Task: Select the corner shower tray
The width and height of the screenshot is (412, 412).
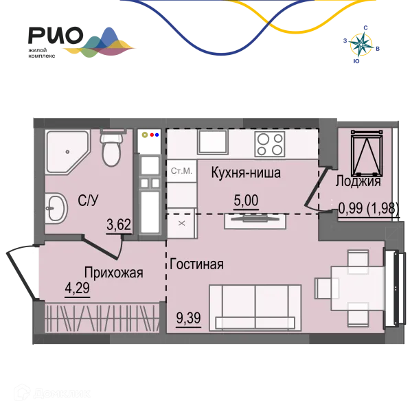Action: (68, 152)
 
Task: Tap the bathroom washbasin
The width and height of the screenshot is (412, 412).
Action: (56, 208)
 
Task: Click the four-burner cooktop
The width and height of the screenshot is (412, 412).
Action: (270, 144)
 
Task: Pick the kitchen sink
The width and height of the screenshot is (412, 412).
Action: (213, 142)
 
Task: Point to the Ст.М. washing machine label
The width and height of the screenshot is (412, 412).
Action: (181, 171)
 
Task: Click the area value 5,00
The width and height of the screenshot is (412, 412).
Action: (246, 201)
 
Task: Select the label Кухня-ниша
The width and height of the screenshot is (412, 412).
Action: (246, 173)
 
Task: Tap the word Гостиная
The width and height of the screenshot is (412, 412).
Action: (197, 264)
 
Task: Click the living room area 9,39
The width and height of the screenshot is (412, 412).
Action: (188, 318)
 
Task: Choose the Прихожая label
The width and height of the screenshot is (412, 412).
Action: (113, 273)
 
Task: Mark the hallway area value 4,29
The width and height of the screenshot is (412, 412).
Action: (77, 288)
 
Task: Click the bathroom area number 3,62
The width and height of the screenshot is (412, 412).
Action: (119, 225)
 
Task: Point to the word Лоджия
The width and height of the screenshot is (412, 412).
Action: (358, 181)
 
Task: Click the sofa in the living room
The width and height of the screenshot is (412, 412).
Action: (255, 308)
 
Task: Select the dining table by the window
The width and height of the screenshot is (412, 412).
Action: (358, 288)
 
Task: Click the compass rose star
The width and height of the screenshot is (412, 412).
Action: (361, 45)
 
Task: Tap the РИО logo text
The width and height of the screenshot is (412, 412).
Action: (56, 35)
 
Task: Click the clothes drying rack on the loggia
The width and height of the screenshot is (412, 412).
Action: (367, 153)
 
